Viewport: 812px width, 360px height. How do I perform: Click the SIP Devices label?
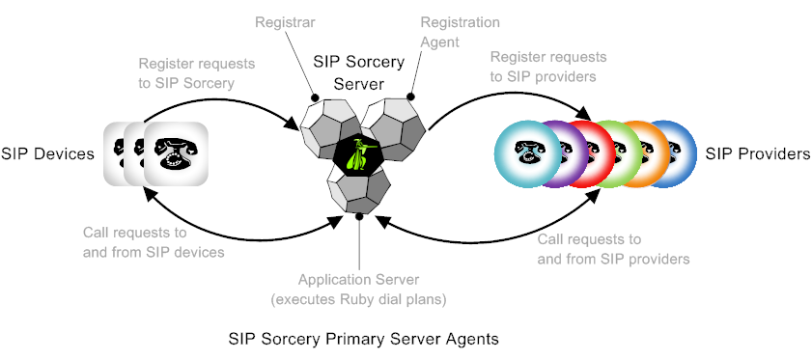(47, 153)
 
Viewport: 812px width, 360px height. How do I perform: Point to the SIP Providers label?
(757, 153)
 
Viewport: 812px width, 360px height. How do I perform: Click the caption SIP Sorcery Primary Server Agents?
(362, 340)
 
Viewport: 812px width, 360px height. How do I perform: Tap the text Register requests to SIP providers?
(548, 68)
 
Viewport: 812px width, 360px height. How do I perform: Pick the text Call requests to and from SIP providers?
(612, 248)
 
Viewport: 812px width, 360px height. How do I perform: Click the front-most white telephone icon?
(176, 153)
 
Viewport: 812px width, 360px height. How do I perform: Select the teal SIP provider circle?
(526, 152)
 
